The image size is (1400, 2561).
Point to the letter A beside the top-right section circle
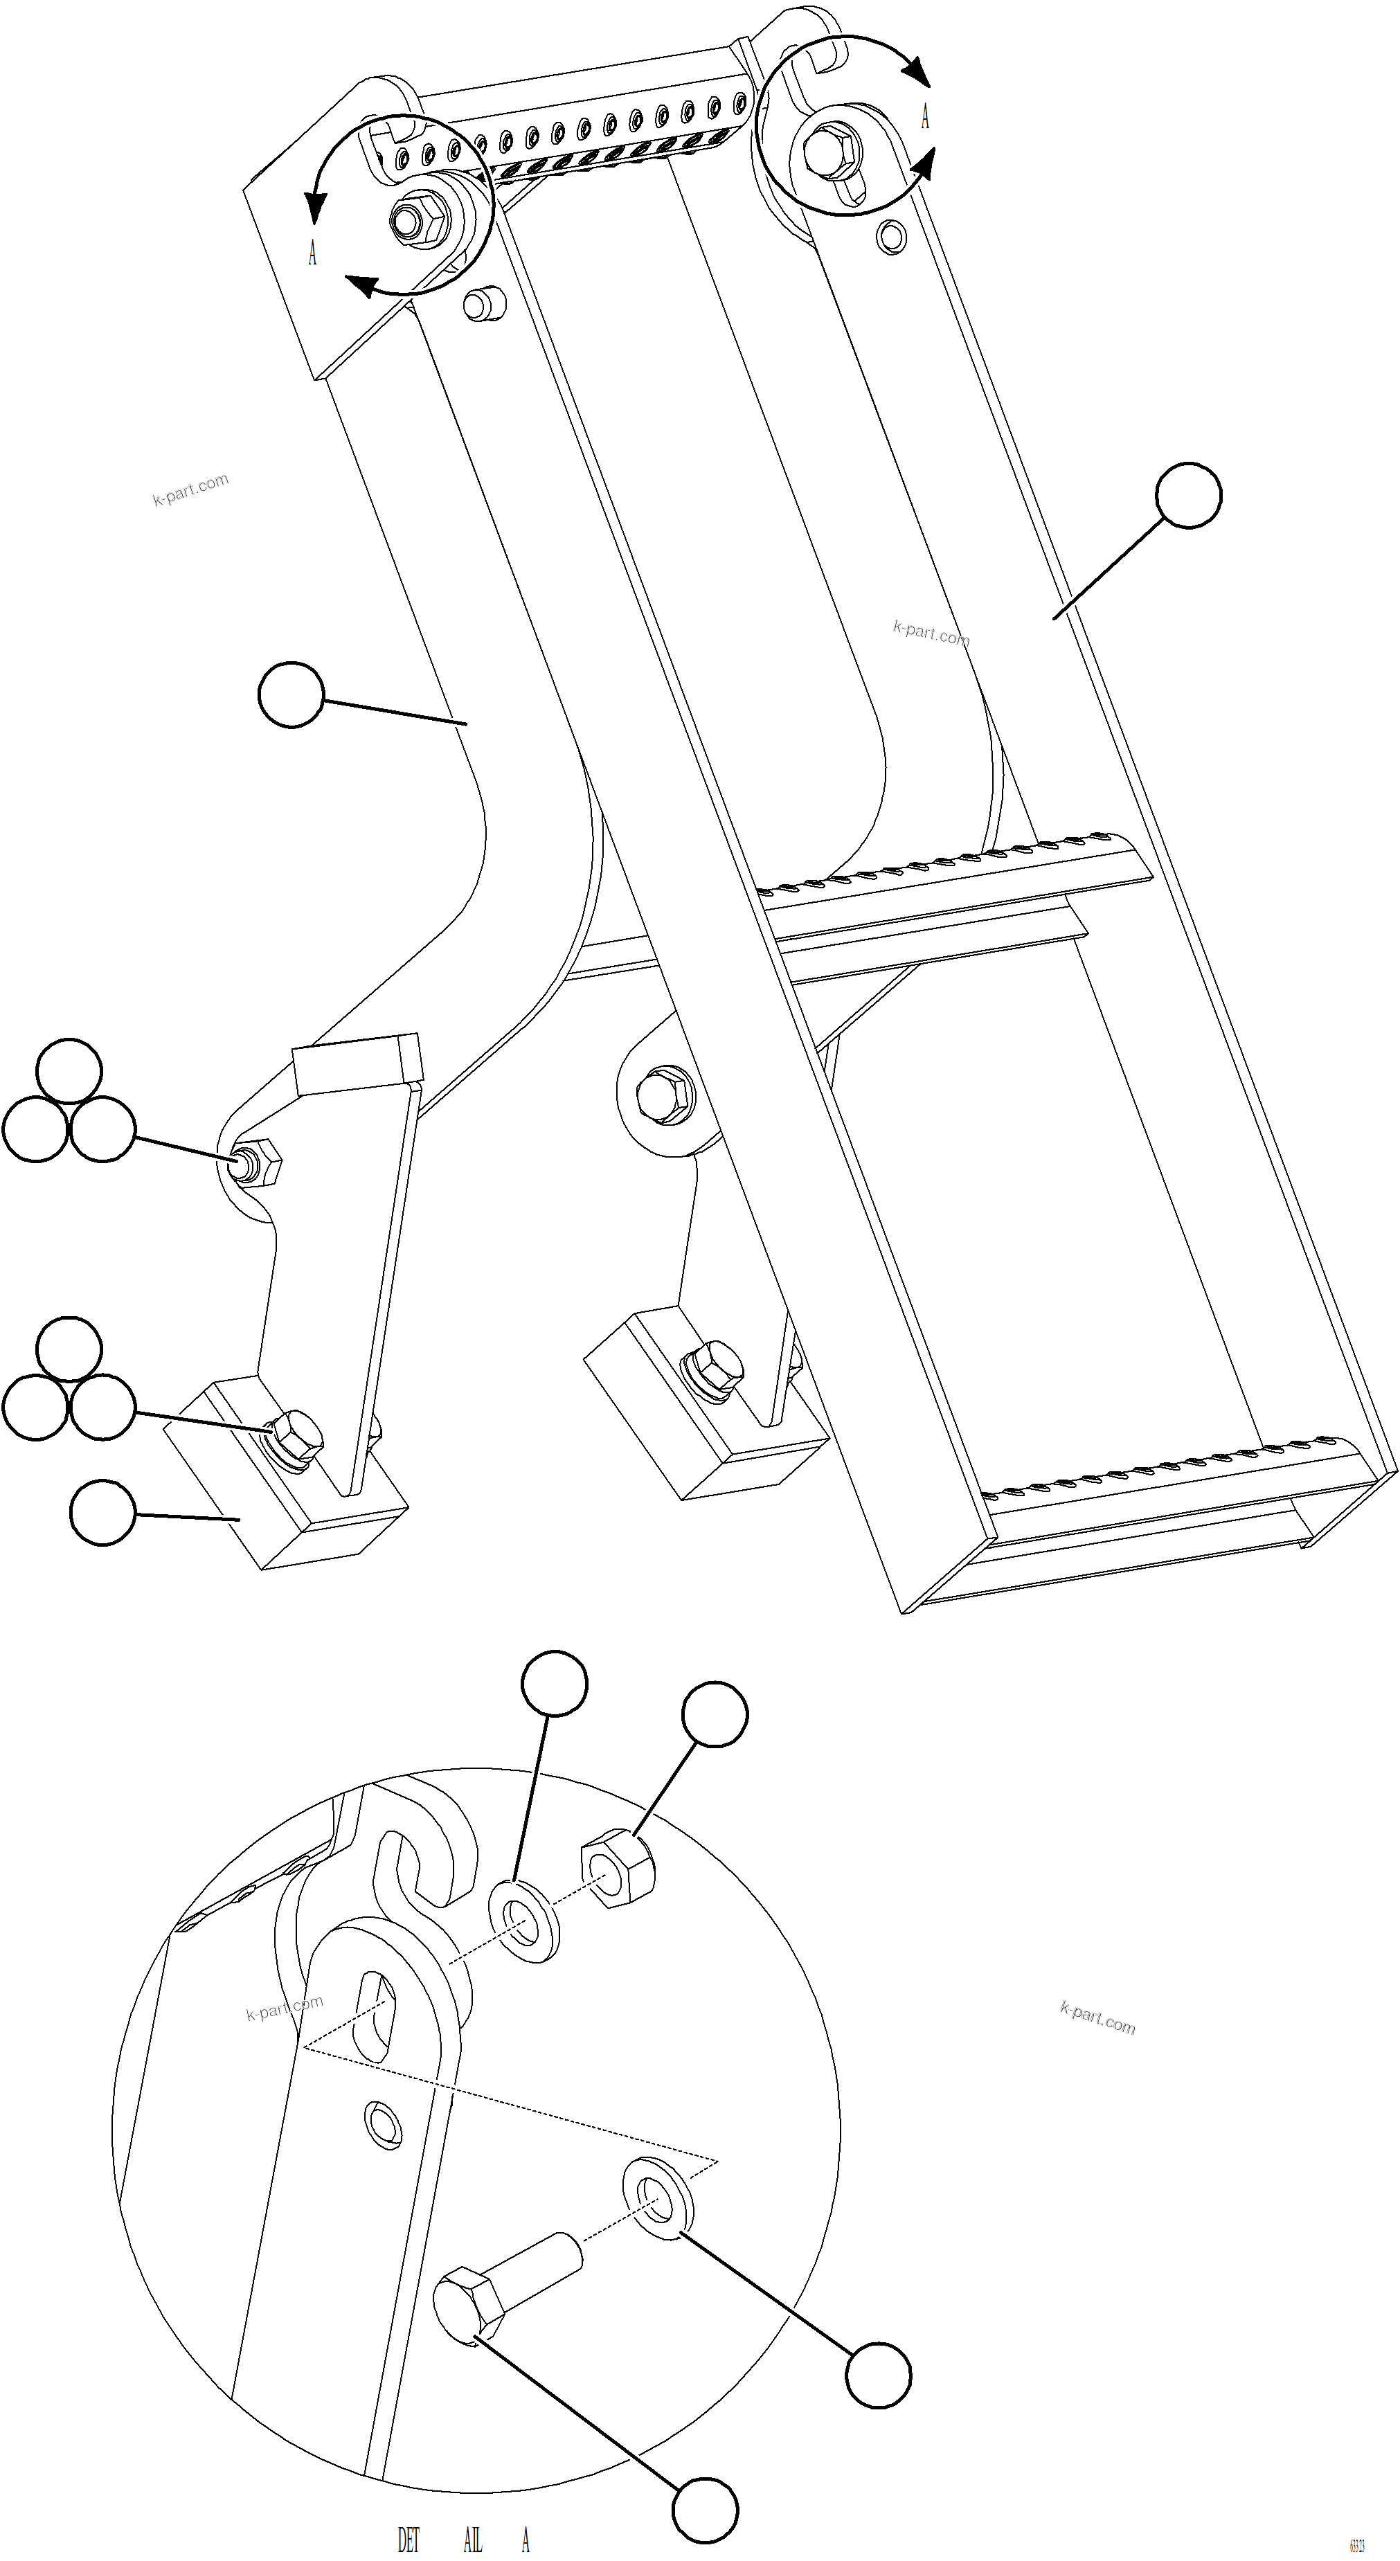point(926,117)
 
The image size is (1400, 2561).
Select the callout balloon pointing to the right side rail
point(1190,494)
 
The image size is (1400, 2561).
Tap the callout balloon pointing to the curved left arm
point(290,696)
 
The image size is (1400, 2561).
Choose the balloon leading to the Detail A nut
point(714,1713)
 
